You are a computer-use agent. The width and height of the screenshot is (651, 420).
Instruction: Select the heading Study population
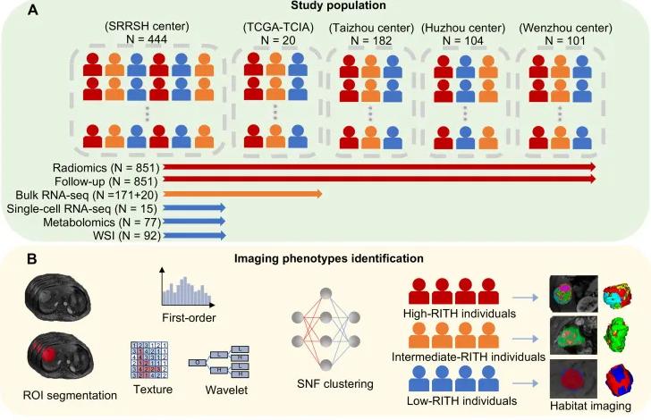pyautogui.click(x=325, y=7)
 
